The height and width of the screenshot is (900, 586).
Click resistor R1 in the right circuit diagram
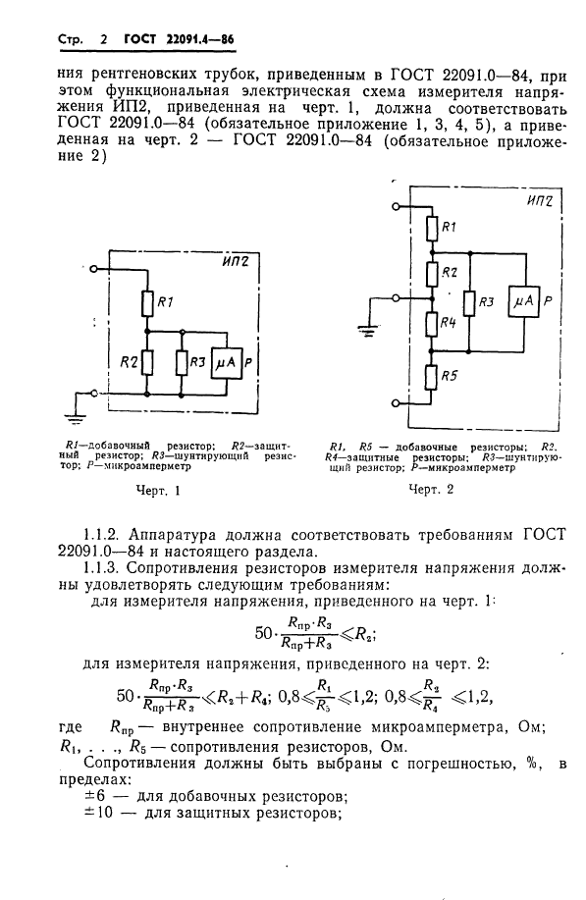click(430, 228)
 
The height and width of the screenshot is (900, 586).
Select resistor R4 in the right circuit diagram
click(430, 323)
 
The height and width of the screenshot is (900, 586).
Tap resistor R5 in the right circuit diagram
click(430, 375)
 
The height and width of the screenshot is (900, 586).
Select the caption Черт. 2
click(433, 488)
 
